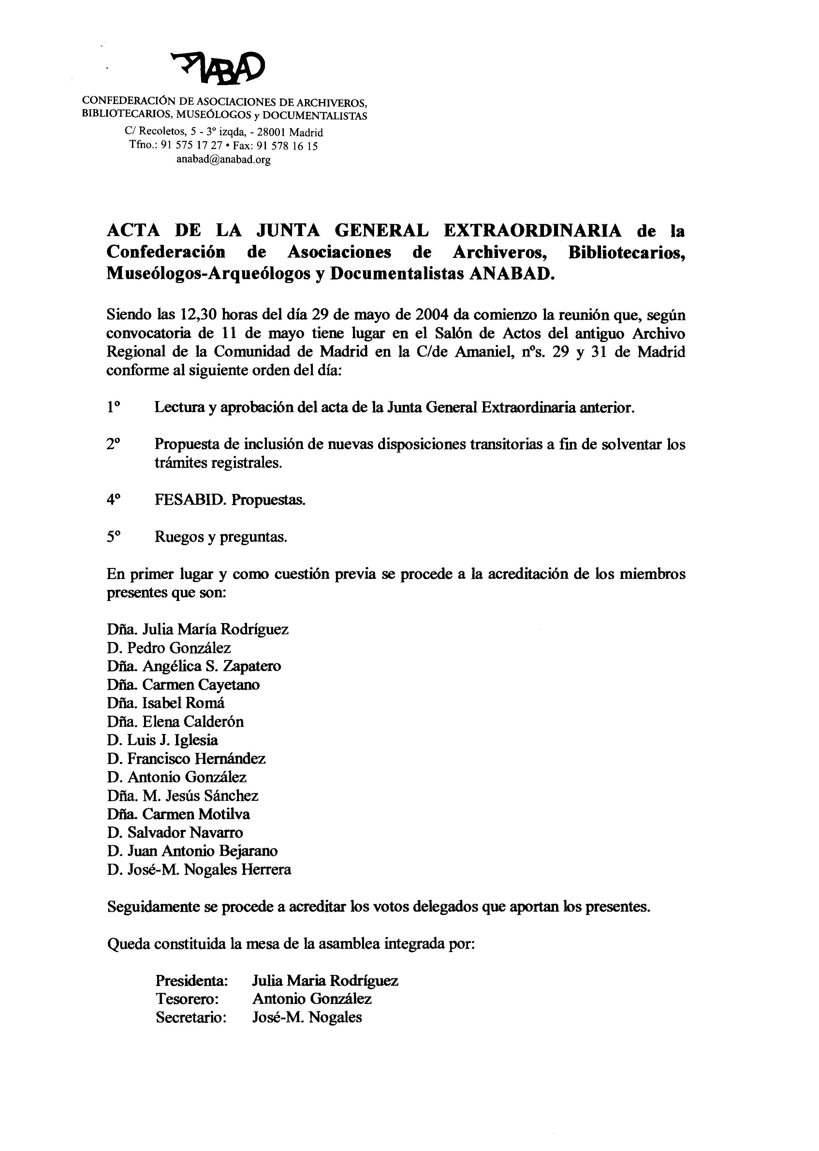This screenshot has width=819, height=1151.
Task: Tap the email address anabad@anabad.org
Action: [x=224, y=160]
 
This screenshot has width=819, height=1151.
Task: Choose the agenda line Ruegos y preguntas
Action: [x=221, y=537]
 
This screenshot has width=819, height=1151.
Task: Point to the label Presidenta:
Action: [x=192, y=981]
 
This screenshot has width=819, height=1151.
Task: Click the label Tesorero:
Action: [x=187, y=999]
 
